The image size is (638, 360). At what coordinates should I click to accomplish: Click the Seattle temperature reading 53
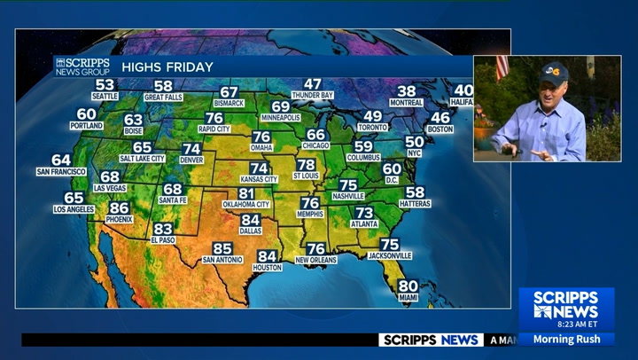pos(105,84)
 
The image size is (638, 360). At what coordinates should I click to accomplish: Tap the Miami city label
pos(408,297)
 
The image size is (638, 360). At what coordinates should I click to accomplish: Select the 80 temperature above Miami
pos(408,286)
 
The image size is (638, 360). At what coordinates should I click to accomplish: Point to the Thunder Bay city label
pos(313,95)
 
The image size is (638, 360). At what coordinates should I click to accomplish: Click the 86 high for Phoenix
pos(119,207)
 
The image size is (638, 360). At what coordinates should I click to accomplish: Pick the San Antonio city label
pos(222,260)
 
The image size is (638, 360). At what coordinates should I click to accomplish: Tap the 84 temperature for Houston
pos(267,256)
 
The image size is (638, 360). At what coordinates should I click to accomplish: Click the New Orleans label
pos(316,260)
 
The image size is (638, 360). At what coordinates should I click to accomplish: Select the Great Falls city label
pos(163,97)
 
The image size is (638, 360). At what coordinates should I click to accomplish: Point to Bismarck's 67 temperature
pos(230,92)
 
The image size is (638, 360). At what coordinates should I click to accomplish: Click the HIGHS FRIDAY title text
pos(167,67)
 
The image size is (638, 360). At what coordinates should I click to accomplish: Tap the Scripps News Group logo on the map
pos(82,67)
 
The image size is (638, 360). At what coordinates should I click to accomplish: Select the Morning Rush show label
pos(567,339)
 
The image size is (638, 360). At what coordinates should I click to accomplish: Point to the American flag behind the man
pos(502,67)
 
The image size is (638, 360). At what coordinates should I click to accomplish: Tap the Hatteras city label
pos(415,204)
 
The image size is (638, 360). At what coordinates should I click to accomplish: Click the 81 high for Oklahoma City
pos(246,193)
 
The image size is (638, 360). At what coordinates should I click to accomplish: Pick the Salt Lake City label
pos(142,159)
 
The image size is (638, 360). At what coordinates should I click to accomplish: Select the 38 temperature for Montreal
pos(407,91)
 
